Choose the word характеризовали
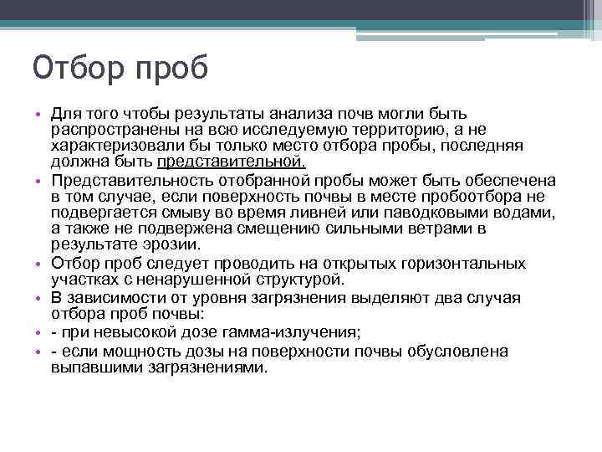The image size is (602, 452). (x=109, y=146)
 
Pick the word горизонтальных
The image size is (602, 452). (x=461, y=263)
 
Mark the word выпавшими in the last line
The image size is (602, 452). (x=90, y=367)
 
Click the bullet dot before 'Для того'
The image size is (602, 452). (x=38, y=114)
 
